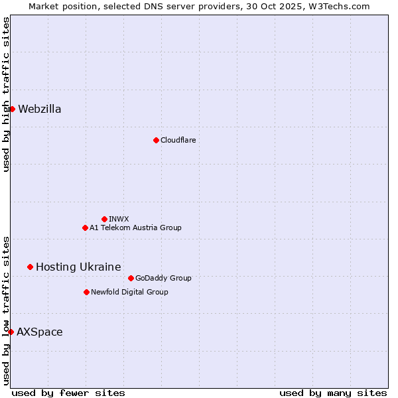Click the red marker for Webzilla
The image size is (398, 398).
coord(12,109)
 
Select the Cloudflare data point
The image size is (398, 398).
coord(156,140)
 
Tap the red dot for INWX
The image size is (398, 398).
coord(104,219)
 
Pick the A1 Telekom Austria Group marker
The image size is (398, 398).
coord(85,228)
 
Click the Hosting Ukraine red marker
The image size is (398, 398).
coord(30,267)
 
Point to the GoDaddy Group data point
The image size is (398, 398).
coord(131,278)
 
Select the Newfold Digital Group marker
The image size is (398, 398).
coord(86,292)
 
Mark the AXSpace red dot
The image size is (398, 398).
coord(11,332)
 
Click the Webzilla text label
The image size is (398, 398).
coord(40,109)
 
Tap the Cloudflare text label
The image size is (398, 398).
coord(178,140)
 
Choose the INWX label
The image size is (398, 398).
coord(119,219)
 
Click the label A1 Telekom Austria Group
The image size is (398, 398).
coord(135,228)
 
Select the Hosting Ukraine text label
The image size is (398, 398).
coord(78,267)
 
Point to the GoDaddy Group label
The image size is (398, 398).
coord(163,278)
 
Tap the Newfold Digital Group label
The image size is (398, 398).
coord(129,292)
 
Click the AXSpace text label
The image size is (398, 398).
coord(40,332)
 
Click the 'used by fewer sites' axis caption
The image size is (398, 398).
coord(68,393)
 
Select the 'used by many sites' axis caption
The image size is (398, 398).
coord(333,393)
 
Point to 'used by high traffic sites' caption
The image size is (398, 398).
coord(6,94)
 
